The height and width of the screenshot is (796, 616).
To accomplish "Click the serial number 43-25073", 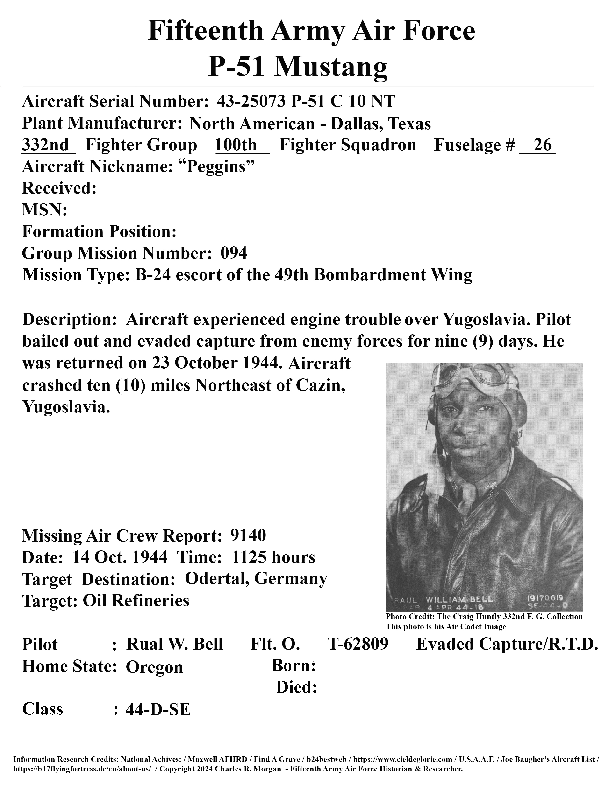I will (x=251, y=101).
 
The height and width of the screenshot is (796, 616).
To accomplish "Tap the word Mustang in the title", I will (x=331, y=67).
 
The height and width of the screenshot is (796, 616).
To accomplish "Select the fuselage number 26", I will (x=542, y=145).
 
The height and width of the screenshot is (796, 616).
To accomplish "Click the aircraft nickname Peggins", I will (x=216, y=167).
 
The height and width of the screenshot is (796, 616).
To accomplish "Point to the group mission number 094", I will (x=234, y=253).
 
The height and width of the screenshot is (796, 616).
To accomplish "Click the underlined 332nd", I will (x=46, y=145).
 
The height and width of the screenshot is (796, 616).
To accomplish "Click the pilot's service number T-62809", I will (x=358, y=644).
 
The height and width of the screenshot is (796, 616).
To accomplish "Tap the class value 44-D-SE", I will (x=158, y=709).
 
